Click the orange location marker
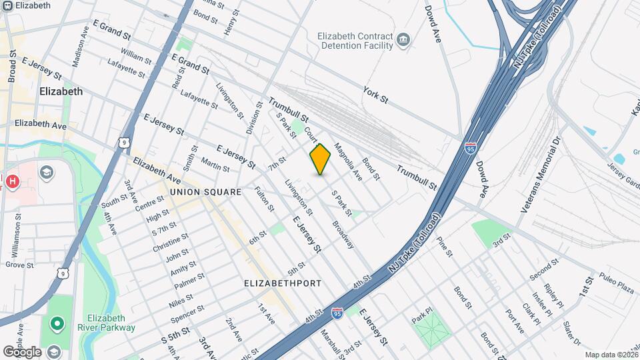click(x=320, y=159)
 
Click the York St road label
click(x=376, y=94)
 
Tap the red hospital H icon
click(x=11, y=181)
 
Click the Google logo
click(x=22, y=351)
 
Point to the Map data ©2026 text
click(x=611, y=355)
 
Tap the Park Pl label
click(x=423, y=315)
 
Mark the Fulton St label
click(x=264, y=199)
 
